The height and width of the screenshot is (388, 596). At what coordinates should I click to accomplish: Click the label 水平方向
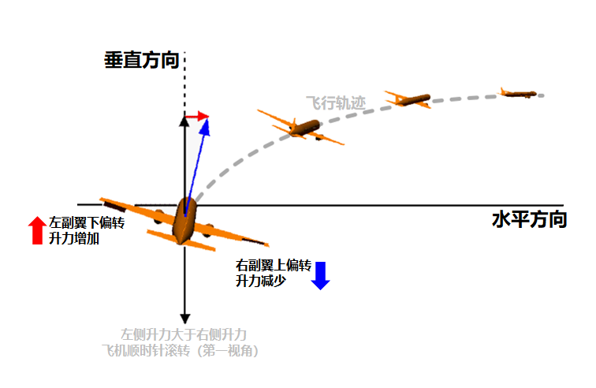point(529,219)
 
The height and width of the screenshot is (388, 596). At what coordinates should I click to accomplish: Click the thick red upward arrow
point(36,229)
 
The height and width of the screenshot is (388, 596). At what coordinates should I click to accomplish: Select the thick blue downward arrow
point(320,274)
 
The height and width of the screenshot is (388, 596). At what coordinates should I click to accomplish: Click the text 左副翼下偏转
point(87,222)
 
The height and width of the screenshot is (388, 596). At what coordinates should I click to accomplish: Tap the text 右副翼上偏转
point(274,265)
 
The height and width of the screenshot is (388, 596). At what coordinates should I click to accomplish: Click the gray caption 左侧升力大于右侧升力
point(183,334)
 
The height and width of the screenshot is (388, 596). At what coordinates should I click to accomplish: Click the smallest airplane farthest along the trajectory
point(519,93)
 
